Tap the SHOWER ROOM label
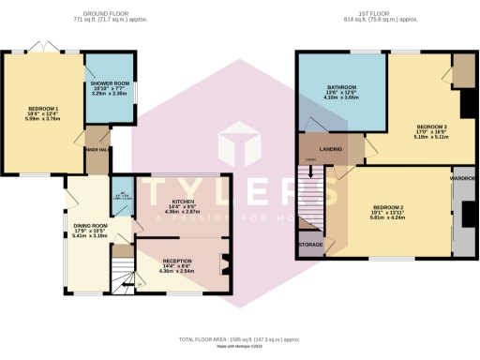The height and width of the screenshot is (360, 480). point(108,88)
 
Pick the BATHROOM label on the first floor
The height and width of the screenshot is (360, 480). point(340,89)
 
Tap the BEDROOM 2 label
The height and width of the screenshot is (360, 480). point(388,207)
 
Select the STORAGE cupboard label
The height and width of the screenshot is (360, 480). point(311,245)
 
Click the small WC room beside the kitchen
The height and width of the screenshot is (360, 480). point(124,188)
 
